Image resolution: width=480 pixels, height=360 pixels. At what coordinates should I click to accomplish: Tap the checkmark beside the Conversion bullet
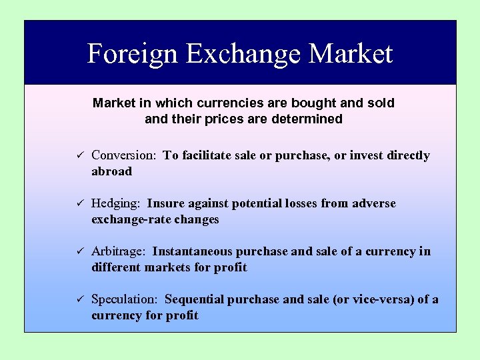(77, 156)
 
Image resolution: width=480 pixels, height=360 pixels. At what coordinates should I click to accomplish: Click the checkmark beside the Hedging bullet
(77, 204)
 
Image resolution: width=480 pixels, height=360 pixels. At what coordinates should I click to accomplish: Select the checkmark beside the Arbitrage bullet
(77, 252)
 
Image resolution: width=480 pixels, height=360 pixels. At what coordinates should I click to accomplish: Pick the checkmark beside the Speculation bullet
(77, 300)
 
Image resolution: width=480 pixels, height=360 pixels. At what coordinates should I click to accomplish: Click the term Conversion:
(123, 155)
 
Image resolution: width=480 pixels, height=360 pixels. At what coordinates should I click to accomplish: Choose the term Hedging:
(116, 203)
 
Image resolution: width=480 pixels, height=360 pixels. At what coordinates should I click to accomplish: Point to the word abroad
(111, 171)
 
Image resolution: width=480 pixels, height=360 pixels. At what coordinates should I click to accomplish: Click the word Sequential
(195, 299)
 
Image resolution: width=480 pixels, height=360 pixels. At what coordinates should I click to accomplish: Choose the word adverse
(372, 203)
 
